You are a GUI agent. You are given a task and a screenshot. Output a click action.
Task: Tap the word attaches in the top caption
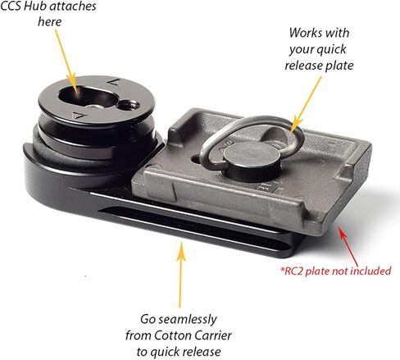(71, 7)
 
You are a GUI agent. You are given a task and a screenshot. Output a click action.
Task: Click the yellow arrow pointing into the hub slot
(66, 62)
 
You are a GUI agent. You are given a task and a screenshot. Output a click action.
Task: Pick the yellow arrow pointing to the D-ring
(306, 104)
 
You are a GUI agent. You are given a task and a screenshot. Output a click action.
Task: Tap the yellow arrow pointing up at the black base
(180, 274)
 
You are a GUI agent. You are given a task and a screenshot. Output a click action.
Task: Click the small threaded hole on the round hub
(129, 105)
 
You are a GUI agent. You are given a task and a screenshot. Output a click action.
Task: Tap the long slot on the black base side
(191, 227)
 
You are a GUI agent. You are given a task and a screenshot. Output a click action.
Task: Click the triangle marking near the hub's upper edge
(114, 81)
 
